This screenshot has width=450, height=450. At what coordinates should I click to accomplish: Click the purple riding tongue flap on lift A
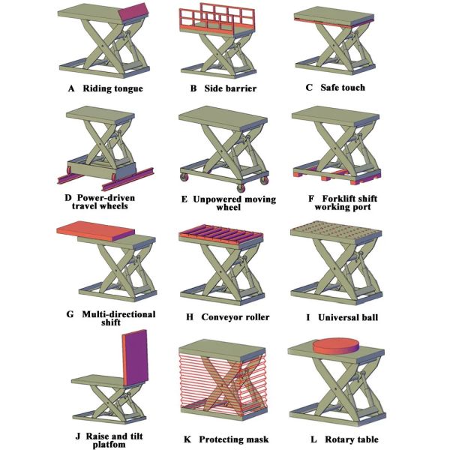point(133,12)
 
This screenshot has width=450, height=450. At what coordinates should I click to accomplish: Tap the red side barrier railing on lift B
point(217,19)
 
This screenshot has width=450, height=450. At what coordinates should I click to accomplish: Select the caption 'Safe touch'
point(343,88)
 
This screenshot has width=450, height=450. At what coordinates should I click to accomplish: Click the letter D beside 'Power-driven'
point(68,198)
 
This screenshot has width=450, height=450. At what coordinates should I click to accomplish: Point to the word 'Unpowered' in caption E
point(216,199)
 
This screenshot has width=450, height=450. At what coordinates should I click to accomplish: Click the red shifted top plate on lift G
point(95,231)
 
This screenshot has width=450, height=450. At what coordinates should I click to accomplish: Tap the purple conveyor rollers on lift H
point(221,232)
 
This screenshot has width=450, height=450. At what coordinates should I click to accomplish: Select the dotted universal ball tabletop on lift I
point(336,229)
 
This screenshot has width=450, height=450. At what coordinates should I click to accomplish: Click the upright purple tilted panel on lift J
point(135,358)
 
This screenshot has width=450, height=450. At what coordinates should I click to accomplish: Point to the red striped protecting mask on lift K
point(223,382)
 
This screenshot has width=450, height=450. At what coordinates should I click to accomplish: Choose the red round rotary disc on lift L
point(336,346)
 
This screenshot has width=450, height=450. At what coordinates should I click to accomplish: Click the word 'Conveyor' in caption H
point(219,317)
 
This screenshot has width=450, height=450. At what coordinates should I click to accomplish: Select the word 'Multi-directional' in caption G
point(118,314)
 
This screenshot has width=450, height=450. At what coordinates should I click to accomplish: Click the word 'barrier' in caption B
point(242,88)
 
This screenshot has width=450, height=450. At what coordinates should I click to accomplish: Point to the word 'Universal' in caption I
point(337,317)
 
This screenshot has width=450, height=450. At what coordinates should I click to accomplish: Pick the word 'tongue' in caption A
point(128,89)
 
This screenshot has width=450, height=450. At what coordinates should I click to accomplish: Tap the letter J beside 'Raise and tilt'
point(78,436)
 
